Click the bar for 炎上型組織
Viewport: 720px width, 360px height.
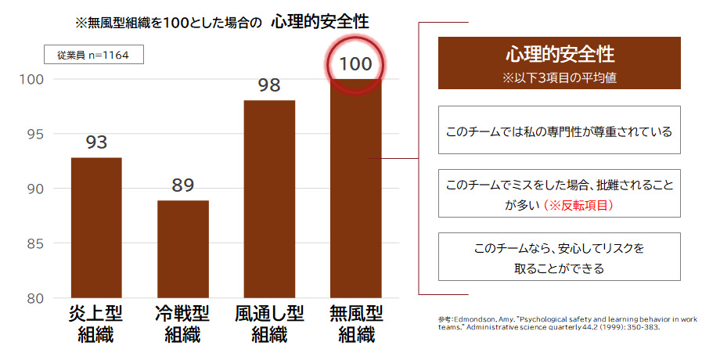click(96, 227)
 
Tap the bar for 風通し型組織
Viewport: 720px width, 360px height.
click(269, 199)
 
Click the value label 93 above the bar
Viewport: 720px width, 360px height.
click(96, 143)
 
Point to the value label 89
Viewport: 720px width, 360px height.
click(183, 186)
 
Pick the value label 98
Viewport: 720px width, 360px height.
click(269, 85)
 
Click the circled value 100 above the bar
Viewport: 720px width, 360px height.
click(356, 63)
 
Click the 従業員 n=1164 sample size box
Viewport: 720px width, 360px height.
click(93, 55)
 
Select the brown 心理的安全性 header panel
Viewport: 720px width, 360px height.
click(559, 63)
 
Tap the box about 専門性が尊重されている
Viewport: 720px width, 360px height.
click(559, 131)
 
